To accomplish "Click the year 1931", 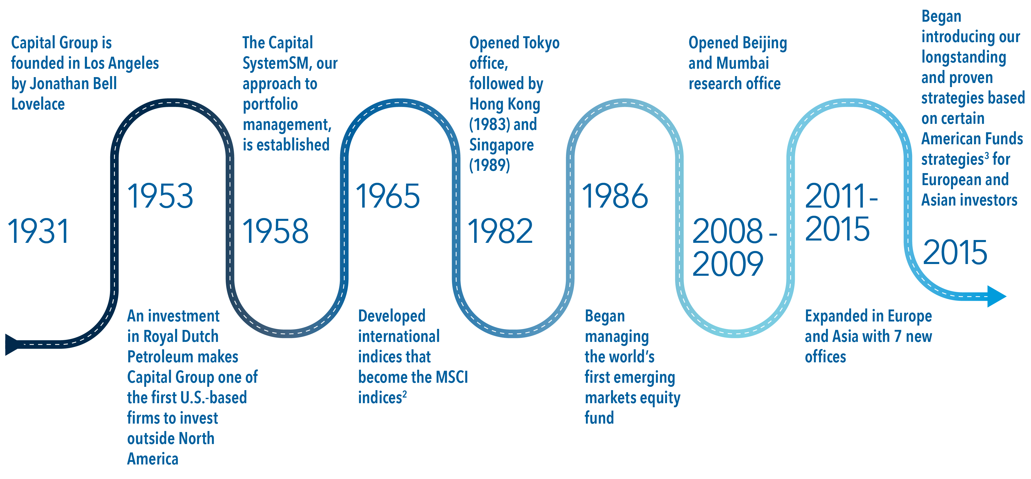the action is coord(39,232).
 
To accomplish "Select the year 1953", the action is coord(160,196).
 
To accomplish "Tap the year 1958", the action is coord(275,232).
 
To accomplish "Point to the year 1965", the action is coord(388,196).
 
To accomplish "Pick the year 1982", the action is coord(500,232).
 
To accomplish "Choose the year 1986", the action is coord(615,196).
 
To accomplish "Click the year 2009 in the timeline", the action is coord(728,264).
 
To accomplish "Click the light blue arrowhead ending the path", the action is coord(997,296).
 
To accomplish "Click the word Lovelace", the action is coord(38,104).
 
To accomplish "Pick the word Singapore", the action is coord(501,145).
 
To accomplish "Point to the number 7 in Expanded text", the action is coord(898,337).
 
